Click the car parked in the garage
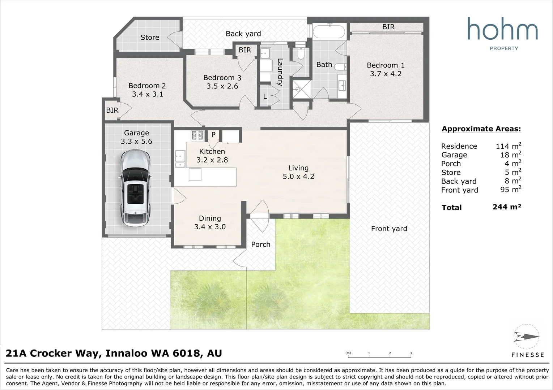[x=135, y=188]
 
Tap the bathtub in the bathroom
[x=329, y=31]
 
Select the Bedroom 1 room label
[x=386, y=65]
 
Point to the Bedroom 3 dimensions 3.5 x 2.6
[x=222, y=86]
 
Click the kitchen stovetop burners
[x=197, y=135]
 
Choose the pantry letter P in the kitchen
[x=213, y=134]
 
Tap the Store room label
[x=150, y=37]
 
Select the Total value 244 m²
[x=507, y=207]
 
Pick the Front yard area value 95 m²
[x=511, y=189]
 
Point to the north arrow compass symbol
[x=527, y=337]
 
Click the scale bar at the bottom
[x=379, y=355]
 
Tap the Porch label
[x=261, y=244]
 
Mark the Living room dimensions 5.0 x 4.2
[x=298, y=176]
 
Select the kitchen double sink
[x=180, y=159]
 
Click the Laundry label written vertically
[x=280, y=72]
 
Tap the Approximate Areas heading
[x=481, y=129]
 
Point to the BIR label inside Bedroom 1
[x=388, y=27]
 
